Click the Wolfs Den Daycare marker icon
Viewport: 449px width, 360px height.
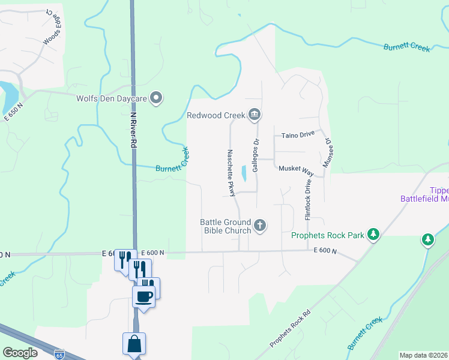tap(157, 98)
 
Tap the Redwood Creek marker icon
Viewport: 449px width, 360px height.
tap(255, 114)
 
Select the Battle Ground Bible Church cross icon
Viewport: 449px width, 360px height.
tap(260, 226)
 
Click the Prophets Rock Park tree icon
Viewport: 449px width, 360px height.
tap(373, 234)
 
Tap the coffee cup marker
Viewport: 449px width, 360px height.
tap(144, 296)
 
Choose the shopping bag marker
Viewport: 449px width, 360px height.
tap(134, 344)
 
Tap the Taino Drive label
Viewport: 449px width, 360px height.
tap(298, 135)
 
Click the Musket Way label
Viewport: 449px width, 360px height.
tap(296, 169)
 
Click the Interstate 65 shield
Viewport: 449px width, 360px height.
tap(59, 354)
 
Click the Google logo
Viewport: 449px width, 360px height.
tap(20, 353)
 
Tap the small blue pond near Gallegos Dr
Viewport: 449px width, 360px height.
tap(243, 174)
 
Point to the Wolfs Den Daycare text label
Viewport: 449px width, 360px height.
tap(112, 98)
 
